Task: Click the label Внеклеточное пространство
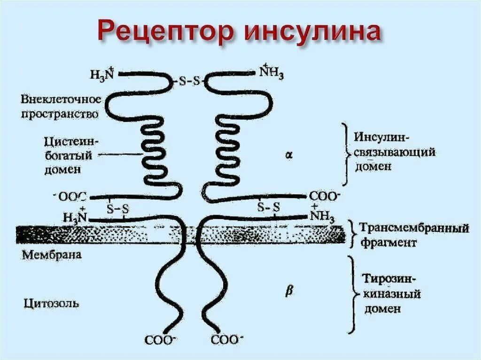click(61, 106)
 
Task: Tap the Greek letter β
click(289, 291)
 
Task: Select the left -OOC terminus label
click(72, 197)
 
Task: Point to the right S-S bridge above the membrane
click(269, 207)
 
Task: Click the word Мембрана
click(52, 255)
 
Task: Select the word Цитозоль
click(51, 303)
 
